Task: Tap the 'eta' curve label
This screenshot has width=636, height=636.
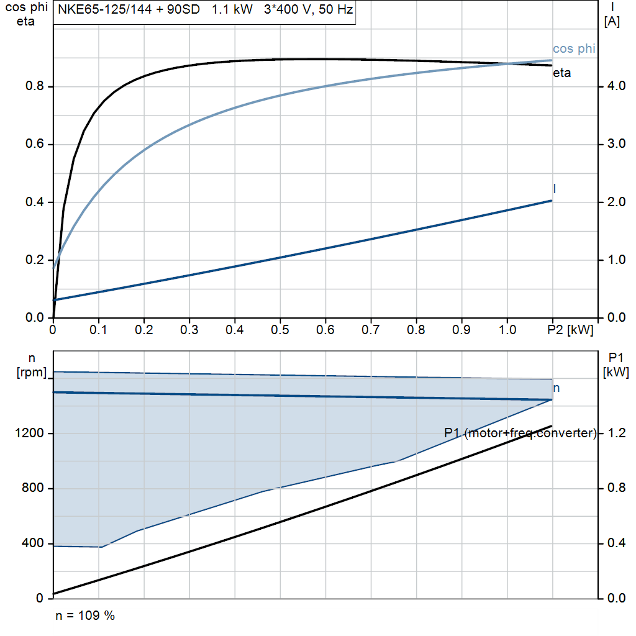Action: pos(562,73)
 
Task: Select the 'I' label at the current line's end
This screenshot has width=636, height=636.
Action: pos(554,188)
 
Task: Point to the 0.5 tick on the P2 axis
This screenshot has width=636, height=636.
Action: pos(279,330)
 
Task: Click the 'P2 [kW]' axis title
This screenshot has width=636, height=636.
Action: pos(571,330)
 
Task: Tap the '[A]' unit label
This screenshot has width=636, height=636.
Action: pos(612,21)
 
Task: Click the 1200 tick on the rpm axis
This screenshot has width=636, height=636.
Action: pos(31,434)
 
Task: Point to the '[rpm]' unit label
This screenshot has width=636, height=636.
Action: pos(31,371)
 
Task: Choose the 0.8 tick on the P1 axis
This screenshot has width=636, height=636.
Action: pos(615,488)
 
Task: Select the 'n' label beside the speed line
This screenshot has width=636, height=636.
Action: pos(556,388)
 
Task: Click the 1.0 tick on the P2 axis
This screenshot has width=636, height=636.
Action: pos(507,330)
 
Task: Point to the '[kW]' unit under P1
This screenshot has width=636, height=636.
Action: pos(616,373)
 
